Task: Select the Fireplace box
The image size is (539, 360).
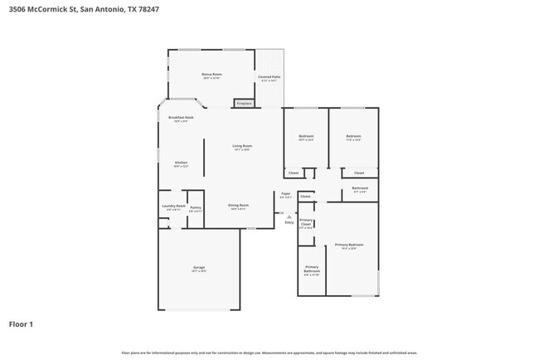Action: click(x=244, y=104)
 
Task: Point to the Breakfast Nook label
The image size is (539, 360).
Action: click(x=181, y=119)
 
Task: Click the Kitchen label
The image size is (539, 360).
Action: click(x=181, y=163)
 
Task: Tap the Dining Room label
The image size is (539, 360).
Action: click(x=239, y=206)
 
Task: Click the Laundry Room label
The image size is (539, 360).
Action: click(x=173, y=207)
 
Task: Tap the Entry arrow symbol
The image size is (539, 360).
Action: click(x=289, y=216)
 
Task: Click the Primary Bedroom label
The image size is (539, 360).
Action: click(x=349, y=246)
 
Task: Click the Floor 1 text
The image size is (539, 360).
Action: click(x=21, y=324)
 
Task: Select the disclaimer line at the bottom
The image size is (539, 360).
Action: click(x=269, y=353)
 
